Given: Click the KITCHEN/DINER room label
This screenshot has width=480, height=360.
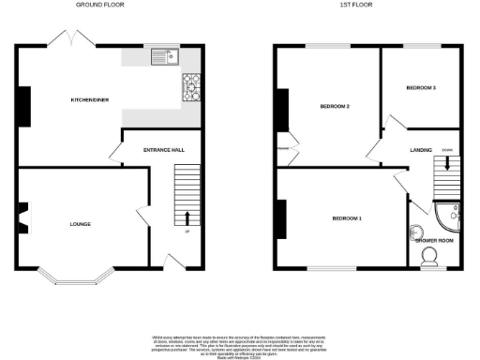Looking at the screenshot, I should (93, 99).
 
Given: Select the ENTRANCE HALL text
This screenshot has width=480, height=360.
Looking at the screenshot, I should (162, 150).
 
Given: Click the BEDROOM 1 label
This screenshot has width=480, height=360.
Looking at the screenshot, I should (347, 218).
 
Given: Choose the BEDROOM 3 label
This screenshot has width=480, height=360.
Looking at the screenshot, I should (421, 87).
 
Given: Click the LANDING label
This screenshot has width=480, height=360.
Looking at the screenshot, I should (419, 150).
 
